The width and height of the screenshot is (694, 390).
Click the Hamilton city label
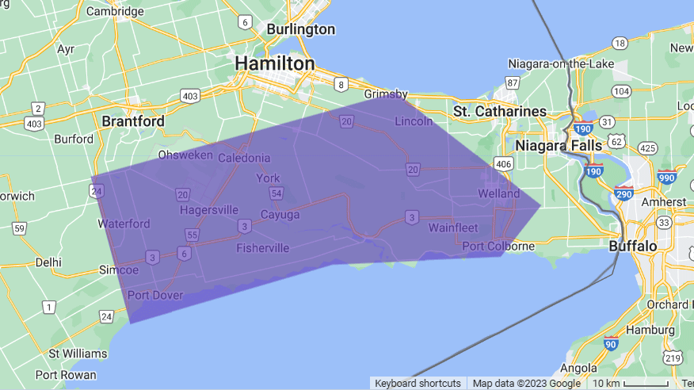coord(274,63)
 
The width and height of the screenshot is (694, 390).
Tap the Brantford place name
coord(133,121)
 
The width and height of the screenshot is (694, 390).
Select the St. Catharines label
coord(500,111)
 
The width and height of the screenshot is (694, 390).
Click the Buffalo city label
coord(633,247)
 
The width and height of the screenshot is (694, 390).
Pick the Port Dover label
coord(155,296)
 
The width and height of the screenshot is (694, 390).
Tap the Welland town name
coord(498,194)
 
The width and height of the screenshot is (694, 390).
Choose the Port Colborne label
coord(498,246)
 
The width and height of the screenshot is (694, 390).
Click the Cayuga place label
coord(280,215)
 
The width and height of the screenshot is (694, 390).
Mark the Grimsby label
coord(387,94)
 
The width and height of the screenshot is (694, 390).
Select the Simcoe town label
coord(119,270)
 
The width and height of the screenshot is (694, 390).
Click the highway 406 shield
coord(502,163)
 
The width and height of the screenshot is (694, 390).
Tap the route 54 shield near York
coord(276,193)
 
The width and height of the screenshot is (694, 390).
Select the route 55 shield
coord(192,235)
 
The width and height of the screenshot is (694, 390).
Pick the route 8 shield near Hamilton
coord(341,84)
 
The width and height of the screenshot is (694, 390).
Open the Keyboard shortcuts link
coord(418,384)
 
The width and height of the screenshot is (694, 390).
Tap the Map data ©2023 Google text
coord(526,384)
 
